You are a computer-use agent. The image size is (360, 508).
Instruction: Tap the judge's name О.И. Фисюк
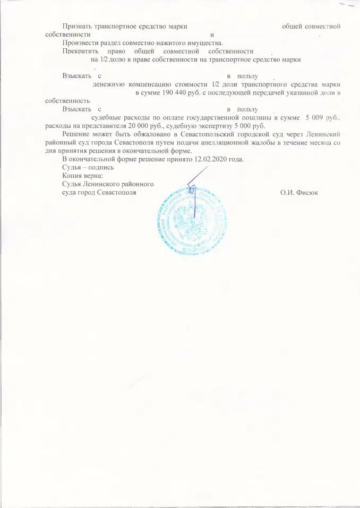tap(299, 192)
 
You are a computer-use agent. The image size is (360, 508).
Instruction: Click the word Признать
tap(77, 26)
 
